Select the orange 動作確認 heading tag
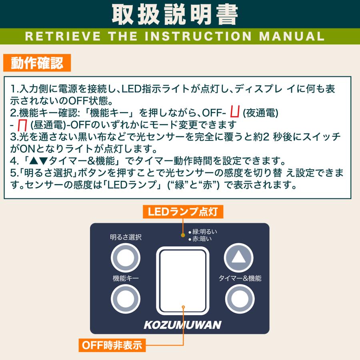point(37,63)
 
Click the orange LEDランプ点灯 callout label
point(183,212)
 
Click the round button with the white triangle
point(239,257)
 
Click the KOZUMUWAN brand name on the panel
point(182,325)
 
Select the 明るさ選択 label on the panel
point(126,237)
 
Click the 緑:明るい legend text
point(205,232)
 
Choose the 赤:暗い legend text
point(202,239)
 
